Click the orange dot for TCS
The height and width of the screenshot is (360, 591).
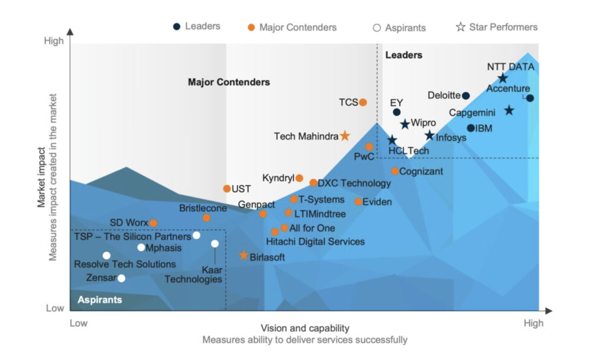click(x=363, y=102)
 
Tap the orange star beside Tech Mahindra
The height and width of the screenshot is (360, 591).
click(x=345, y=136)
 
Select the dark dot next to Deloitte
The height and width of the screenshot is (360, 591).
click(x=466, y=96)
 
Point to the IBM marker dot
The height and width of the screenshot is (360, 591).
click(x=471, y=128)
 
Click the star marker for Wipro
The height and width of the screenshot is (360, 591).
click(x=405, y=124)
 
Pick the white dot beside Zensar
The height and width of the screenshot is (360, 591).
click(x=121, y=278)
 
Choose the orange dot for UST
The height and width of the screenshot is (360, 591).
click(x=227, y=189)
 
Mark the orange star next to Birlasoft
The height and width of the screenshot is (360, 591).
click(x=243, y=255)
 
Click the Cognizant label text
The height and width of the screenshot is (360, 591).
click(x=421, y=171)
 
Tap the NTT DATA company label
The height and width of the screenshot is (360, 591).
click(x=511, y=67)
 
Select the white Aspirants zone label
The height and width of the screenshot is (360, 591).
click(x=100, y=300)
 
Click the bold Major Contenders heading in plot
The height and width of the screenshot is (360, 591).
click(x=229, y=82)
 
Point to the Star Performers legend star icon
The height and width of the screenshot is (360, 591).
click(x=461, y=27)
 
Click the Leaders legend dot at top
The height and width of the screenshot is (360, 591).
click(x=177, y=27)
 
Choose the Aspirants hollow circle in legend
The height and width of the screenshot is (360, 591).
click(x=377, y=28)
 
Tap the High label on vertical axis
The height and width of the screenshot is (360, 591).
click(x=54, y=41)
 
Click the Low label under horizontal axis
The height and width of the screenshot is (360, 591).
click(x=79, y=323)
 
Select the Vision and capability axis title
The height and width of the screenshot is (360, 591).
click(x=305, y=328)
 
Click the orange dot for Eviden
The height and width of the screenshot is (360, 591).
click(x=358, y=201)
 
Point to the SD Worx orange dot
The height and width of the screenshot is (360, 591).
click(x=154, y=223)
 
